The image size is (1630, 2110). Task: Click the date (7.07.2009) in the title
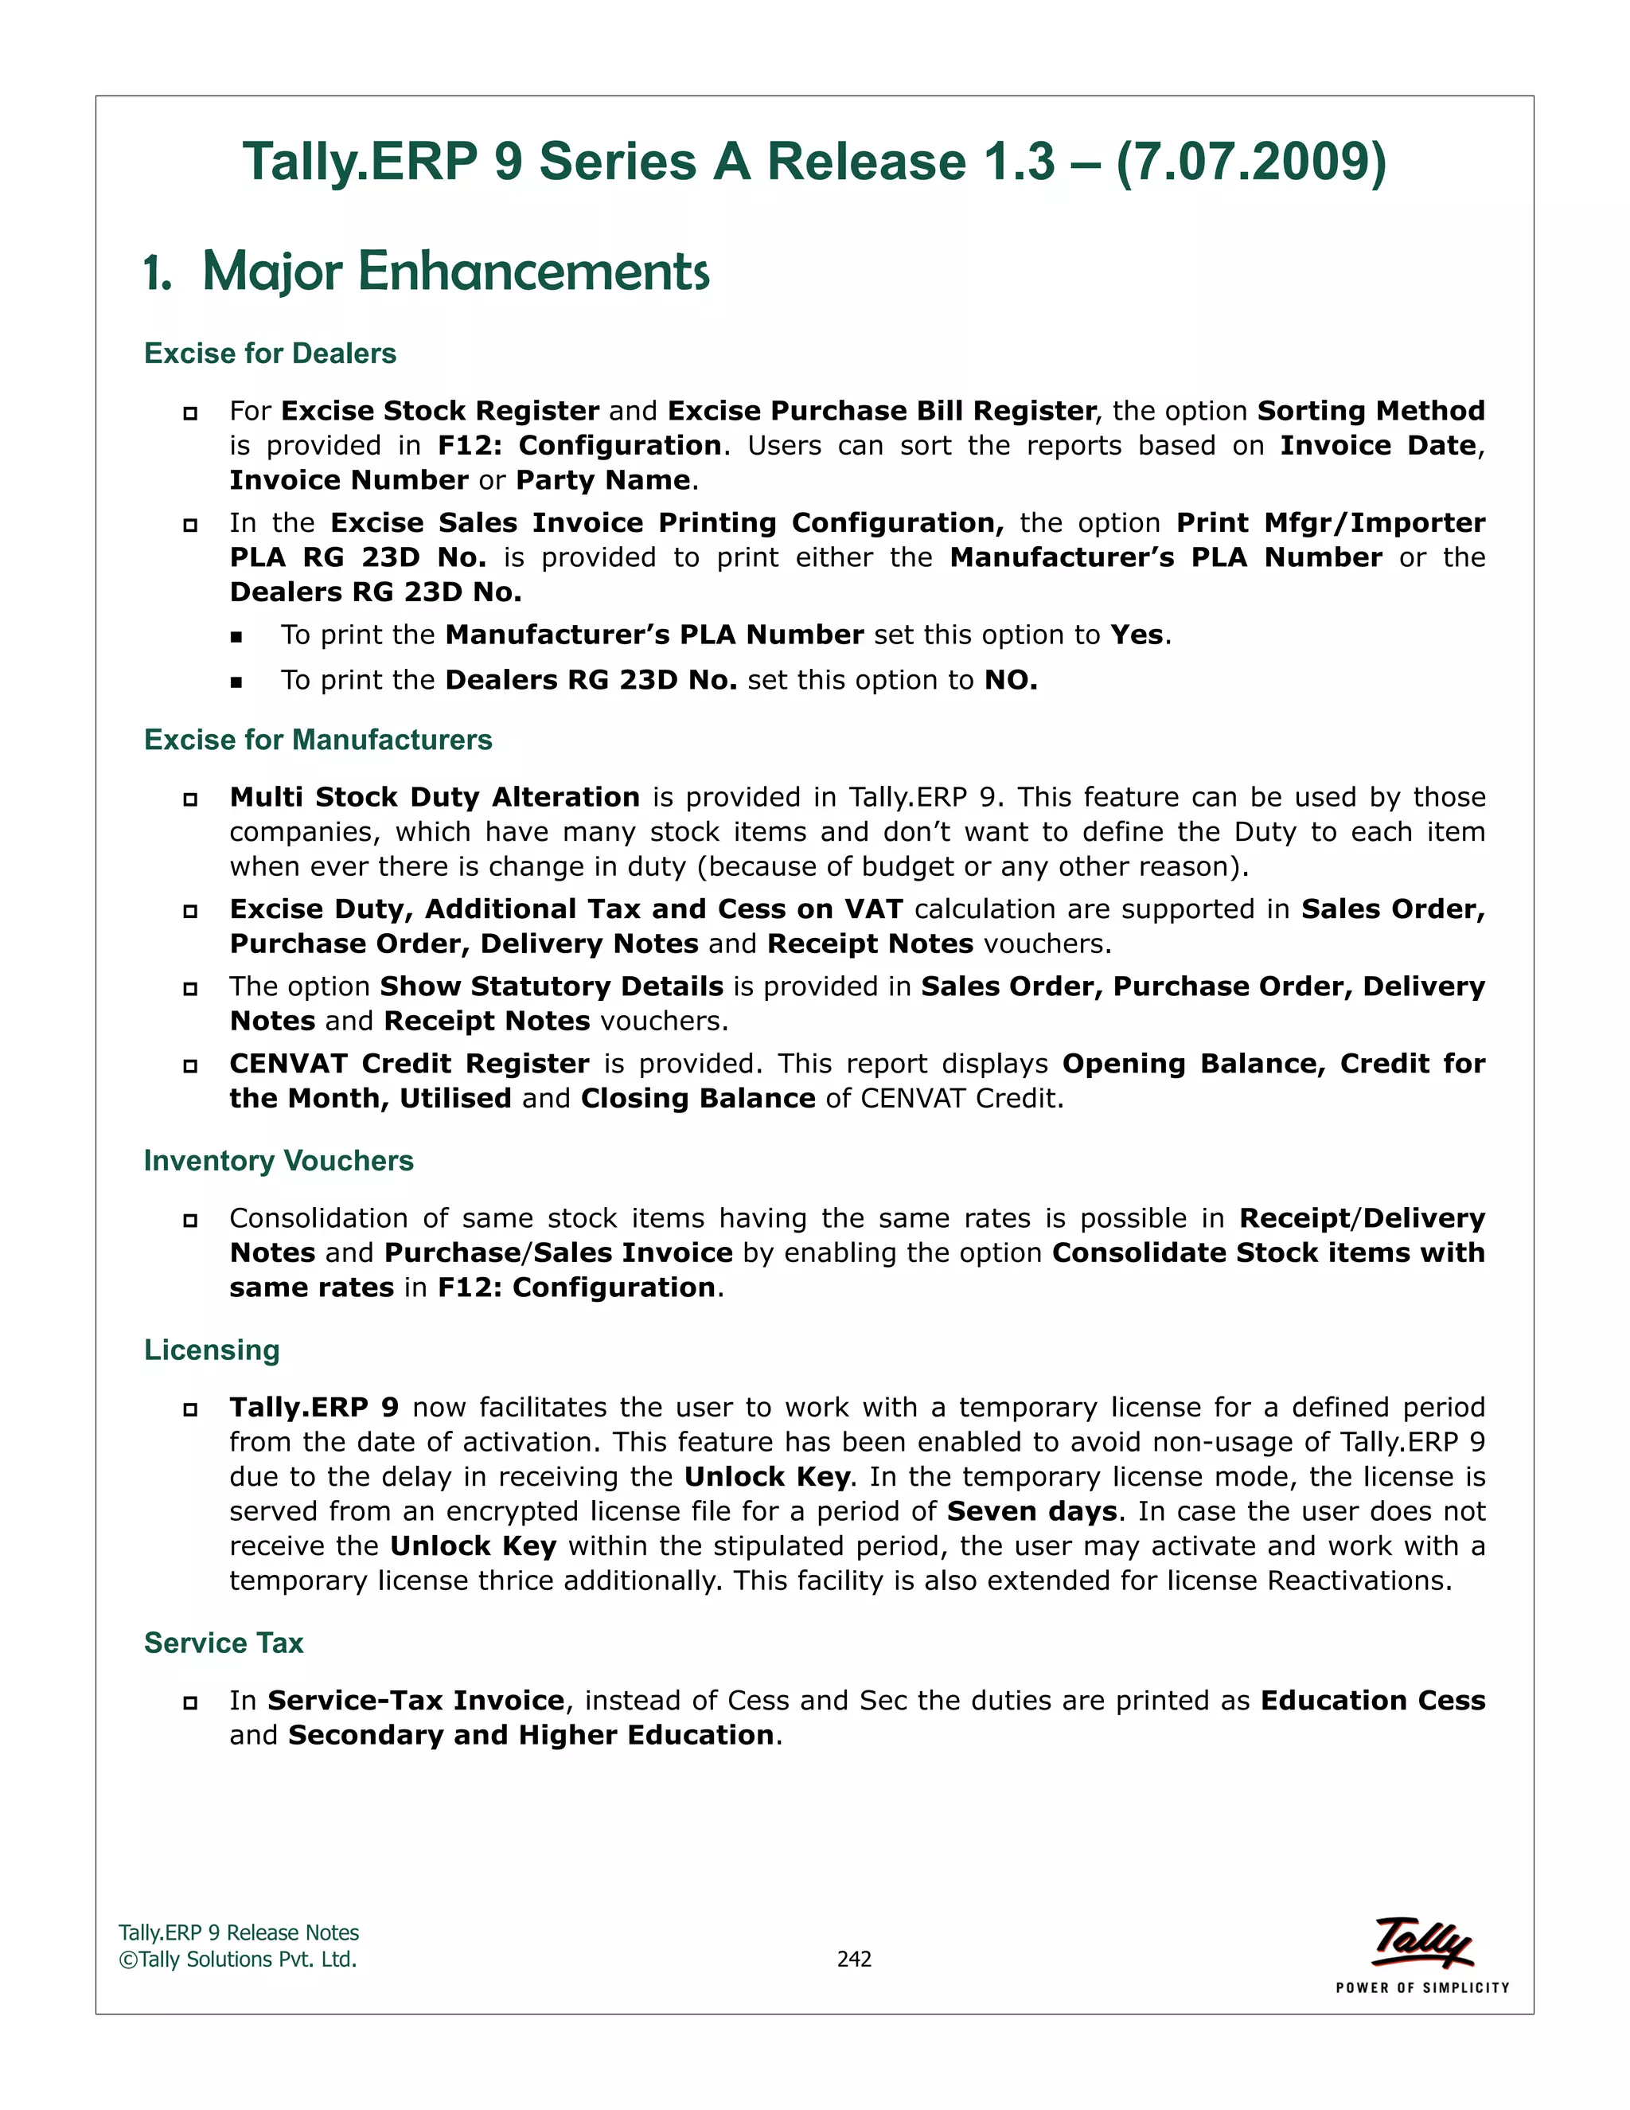[1250, 162]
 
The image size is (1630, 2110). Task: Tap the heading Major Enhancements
[456, 272]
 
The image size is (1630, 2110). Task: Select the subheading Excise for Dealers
[271, 354]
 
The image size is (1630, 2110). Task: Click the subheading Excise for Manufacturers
[318, 740]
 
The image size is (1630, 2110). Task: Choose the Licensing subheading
[212, 1350]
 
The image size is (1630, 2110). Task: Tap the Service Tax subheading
[223, 1643]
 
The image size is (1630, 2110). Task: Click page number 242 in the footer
[854, 1959]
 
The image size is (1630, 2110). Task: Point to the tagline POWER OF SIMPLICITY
[1421, 1987]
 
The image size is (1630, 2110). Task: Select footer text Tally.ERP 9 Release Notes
[239, 1932]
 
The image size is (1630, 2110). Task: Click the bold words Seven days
[1031, 1511]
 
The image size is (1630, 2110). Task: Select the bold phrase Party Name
[602, 480]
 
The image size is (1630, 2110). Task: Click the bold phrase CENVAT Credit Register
[408, 1064]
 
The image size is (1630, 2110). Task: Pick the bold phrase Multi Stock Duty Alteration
[435, 797]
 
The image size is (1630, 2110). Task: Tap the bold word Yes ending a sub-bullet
[1137, 635]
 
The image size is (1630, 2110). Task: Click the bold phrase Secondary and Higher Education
[531, 1735]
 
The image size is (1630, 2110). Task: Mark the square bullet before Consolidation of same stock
[190, 1220]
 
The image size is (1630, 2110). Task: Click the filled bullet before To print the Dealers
[236, 682]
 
